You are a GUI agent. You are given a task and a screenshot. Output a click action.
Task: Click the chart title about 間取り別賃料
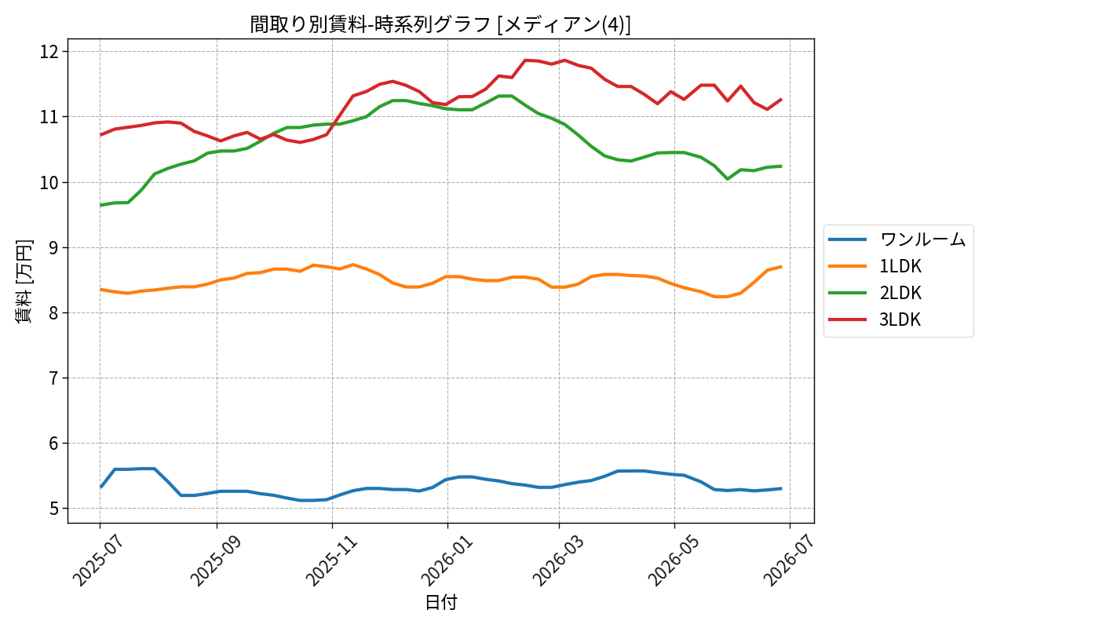tap(440, 24)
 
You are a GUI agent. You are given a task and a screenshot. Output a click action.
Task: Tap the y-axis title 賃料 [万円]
tap(24, 281)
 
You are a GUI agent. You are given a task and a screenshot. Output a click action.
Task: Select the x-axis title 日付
tap(440, 602)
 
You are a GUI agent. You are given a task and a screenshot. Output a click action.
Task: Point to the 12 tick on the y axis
tap(49, 52)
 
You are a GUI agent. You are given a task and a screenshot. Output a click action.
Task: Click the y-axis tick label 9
tap(54, 248)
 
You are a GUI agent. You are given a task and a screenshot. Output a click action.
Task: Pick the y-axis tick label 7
tap(54, 378)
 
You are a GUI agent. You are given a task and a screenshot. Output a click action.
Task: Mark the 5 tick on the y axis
tap(54, 509)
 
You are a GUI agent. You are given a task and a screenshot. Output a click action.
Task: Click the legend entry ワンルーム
tap(922, 239)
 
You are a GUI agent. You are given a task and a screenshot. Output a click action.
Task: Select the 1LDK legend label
tap(900, 266)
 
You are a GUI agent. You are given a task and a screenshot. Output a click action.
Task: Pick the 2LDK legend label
tap(900, 293)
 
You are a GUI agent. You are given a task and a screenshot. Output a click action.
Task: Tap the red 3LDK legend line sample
tap(847, 320)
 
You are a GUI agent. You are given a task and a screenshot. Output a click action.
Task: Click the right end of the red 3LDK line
tap(781, 99)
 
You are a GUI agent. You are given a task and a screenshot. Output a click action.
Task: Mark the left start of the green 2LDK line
tap(100, 205)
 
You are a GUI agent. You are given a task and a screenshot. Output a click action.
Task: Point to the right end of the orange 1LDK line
tap(781, 266)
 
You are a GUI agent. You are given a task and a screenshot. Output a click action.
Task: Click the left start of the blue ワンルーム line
tap(100, 487)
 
